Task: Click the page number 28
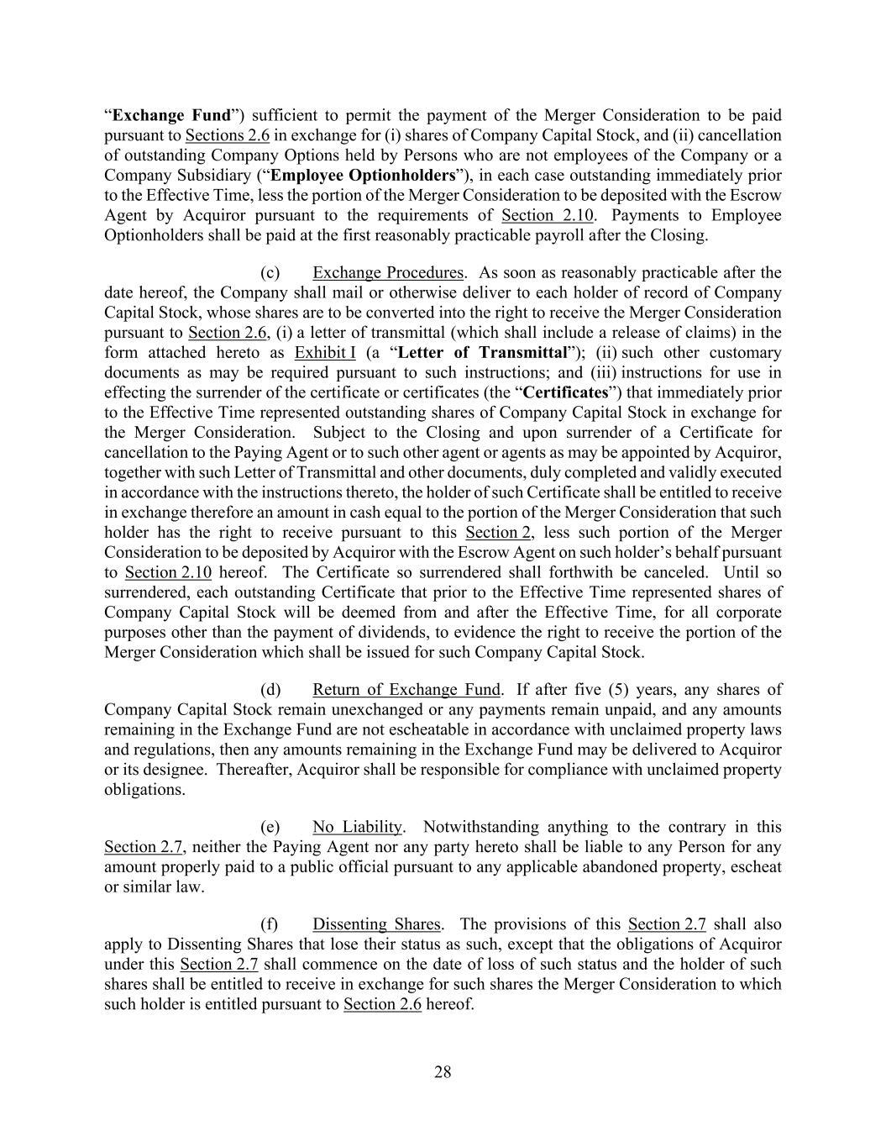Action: pos(443,1071)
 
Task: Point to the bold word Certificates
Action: pos(565,392)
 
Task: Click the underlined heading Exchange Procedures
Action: pos(388,273)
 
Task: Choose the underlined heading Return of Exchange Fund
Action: pos(406,690)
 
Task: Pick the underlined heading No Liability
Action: pos(358,828)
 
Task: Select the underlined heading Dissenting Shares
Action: pos(376,924)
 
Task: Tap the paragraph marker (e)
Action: pos(270,828)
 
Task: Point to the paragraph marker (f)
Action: pos(269,924)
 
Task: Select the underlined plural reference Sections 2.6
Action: pos(227,135)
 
